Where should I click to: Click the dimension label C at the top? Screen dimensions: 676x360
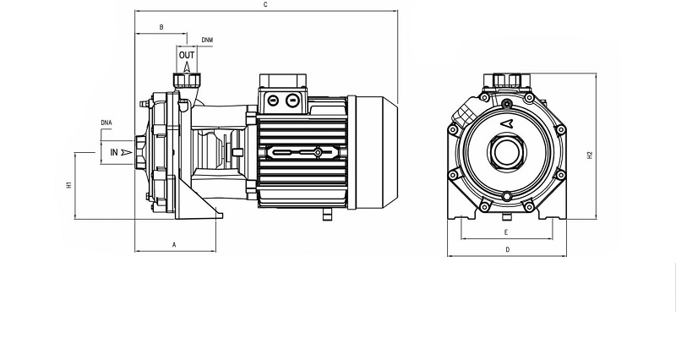pyautogui.click(x=265, y=5)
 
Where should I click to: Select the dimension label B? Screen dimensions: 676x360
pyautogui.click(x=161, y=27)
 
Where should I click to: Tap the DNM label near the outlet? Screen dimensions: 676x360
pyautogui.click(x=207, y=40)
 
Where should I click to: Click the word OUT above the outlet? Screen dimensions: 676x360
pyautogui.click(x=187, y=55)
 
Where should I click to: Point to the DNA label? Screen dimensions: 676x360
pyautogui.click(x=106, y=123)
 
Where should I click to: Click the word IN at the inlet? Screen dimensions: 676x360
pyautogui.click(x=114, y=152)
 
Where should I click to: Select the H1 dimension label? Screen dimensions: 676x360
pyautogui.click(x=69, y=185)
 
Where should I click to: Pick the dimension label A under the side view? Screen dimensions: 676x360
pyautogui.click(x=175, y=245)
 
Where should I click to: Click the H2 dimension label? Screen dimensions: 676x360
pyautogui.click(x=590, y=155)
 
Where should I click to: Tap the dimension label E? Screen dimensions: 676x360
pyautogui.click(x=506, y=232)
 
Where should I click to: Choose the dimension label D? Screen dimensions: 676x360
pyautogui.click(x=508, y=249)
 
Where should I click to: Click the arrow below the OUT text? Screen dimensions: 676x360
pyautogui.click(x=187, y=67)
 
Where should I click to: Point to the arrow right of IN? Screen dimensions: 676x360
pyautogui.click(x=126, y=152)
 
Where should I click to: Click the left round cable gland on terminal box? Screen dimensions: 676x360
pyautogui.click(x=273, y=101)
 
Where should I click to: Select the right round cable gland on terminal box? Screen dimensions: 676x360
pyautogui.click(x=292, y=101)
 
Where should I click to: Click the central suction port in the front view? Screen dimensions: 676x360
pyautogui.click(x=507, y=152)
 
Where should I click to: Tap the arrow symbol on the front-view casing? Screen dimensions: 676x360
pyautogui.click(x=507, y=123)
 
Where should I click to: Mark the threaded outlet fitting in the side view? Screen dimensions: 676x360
pyautogui.click(x=187, y=80)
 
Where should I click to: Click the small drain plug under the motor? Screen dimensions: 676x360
pyautogui.click(x=328, y=215)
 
